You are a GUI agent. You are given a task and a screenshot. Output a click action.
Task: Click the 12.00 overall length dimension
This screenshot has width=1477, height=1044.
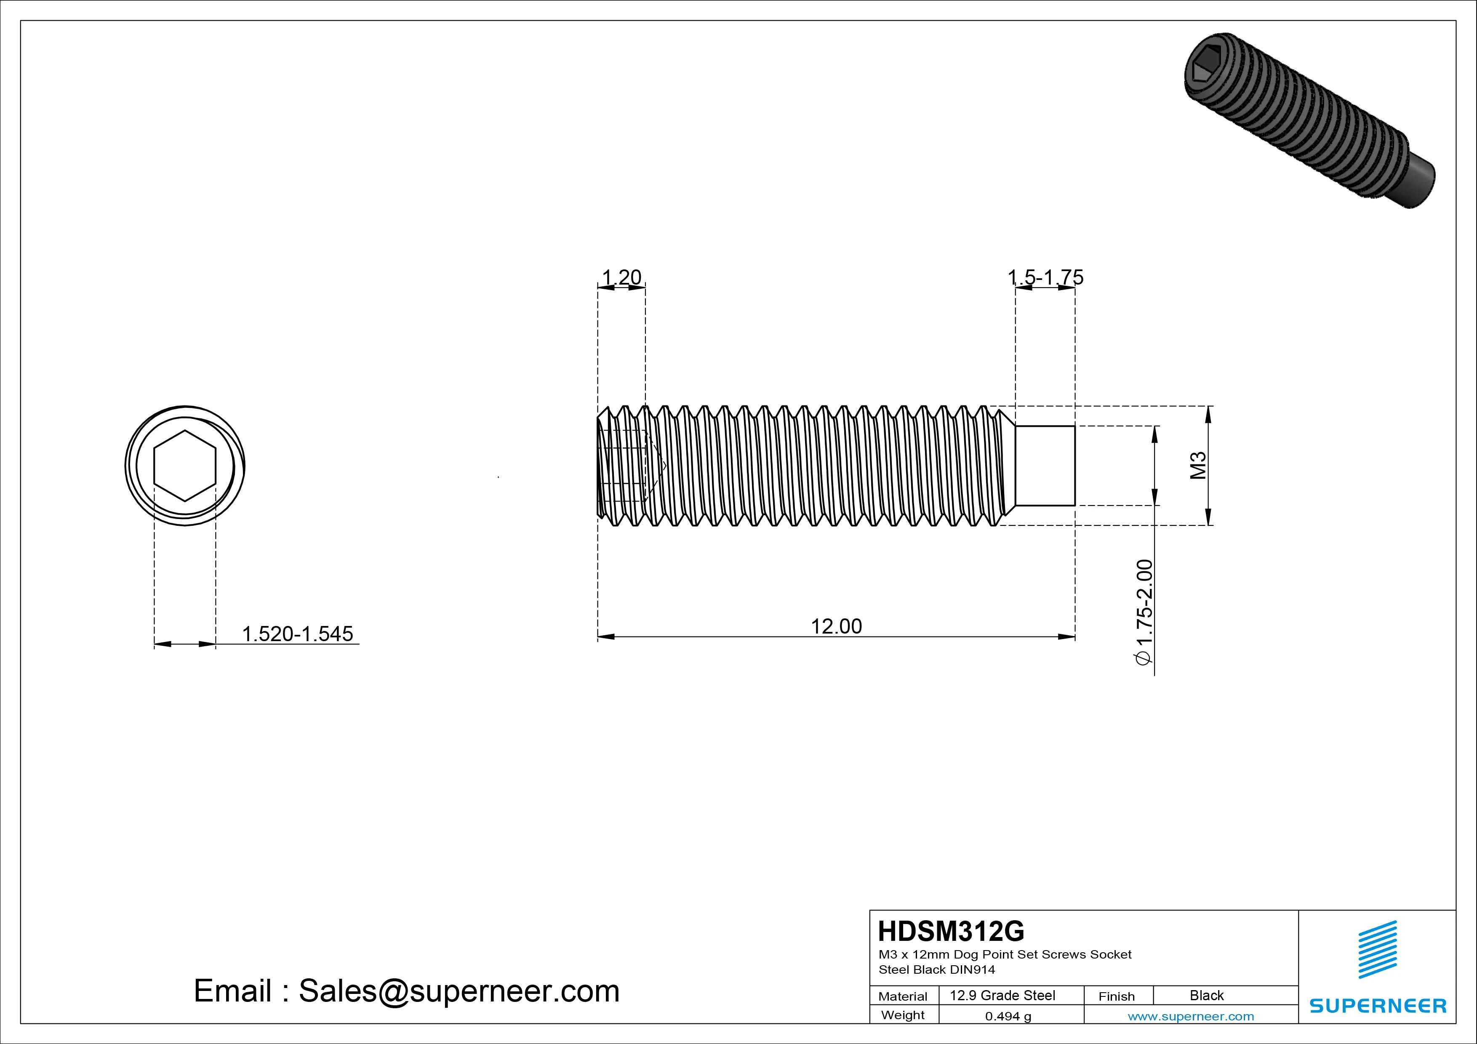[x=836, y=626]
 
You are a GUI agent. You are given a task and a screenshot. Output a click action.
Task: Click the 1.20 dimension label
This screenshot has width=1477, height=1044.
[x=621, y=277]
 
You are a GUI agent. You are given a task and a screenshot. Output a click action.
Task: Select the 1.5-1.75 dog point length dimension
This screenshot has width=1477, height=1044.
[x=1045, y=277]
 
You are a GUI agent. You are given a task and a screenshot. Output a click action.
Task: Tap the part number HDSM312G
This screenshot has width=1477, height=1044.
[x=951, y=931]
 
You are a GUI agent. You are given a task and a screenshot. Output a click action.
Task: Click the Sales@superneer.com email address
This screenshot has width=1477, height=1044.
[x=459, y=991]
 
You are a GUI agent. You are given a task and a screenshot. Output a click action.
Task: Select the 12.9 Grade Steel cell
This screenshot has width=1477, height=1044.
[x=1002, y=996]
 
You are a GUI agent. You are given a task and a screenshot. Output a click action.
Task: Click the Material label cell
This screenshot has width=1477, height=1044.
[x=903, y=996]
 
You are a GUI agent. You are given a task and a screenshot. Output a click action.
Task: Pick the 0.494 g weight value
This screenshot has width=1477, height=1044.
[x=1008, y=1016]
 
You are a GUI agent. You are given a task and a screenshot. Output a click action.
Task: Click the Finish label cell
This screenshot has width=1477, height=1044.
[x=1116, y=996]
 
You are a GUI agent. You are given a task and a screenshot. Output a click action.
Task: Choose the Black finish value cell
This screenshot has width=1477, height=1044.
[x=1206, y=996]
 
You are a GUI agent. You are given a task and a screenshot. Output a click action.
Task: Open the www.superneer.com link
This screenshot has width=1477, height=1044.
[x=1191, y=1016]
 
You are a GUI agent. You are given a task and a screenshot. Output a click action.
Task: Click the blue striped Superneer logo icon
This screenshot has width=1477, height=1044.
[x=1377, y=949]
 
